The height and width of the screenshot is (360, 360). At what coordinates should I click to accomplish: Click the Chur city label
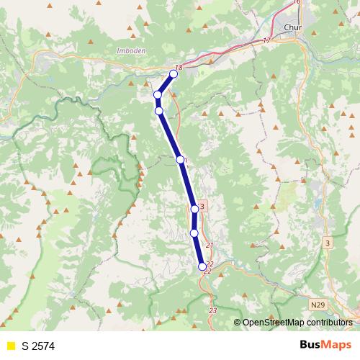coord(292,28)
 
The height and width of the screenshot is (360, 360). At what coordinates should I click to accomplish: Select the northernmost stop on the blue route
coord(174,73)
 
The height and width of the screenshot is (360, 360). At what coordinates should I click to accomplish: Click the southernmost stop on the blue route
coord(202,266)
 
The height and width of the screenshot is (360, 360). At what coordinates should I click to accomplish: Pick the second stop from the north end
coord(158,94)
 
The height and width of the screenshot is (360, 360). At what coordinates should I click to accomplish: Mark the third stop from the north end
coord(159,110)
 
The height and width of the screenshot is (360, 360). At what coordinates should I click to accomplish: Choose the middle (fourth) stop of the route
coord(180,159)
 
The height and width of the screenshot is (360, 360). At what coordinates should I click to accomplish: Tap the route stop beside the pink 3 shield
coord(194,209)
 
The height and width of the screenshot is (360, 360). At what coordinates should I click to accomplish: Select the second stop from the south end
coord(194,233)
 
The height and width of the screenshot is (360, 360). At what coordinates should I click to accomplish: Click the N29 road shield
coord(319,305)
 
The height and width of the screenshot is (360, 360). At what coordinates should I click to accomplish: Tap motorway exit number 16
coord(296,3)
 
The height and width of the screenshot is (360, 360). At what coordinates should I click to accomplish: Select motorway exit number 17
coord(267,40)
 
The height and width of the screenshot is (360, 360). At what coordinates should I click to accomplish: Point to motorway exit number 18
coord(179,67)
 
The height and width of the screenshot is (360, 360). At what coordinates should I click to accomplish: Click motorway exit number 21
coord(210,246)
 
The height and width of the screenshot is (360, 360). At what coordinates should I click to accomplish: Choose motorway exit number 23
coord(212,310)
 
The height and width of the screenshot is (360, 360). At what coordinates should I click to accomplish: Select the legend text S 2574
coord(38,346)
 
